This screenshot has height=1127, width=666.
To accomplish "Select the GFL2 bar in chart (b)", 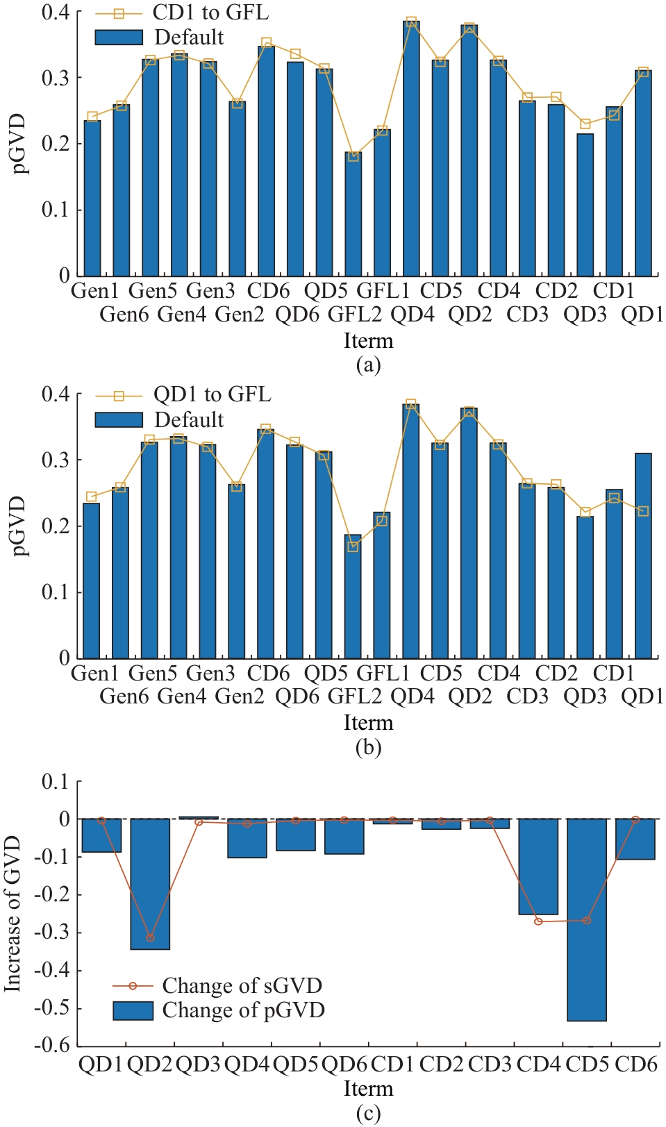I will click(353, 597).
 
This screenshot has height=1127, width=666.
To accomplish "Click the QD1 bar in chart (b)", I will click(643, 556).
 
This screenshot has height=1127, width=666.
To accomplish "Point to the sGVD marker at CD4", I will click(538, 921).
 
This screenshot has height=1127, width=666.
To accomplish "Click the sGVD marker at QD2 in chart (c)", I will click(150, 938).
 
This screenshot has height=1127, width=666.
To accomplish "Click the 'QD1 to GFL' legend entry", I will click(211, 394).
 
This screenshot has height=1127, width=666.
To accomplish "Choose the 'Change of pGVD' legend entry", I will click(243, 1010).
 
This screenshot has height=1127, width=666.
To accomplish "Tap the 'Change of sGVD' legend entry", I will click(242, 986).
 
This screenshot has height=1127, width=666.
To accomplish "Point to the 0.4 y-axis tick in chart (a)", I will click(56, 12).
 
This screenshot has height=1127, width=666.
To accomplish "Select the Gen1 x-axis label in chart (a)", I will click(95, 290).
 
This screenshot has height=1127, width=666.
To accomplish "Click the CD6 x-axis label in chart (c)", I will click(635, 1065).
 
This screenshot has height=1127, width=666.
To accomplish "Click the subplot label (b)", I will click(368, 747).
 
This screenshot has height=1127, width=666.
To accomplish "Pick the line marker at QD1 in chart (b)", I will click(643, 511).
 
